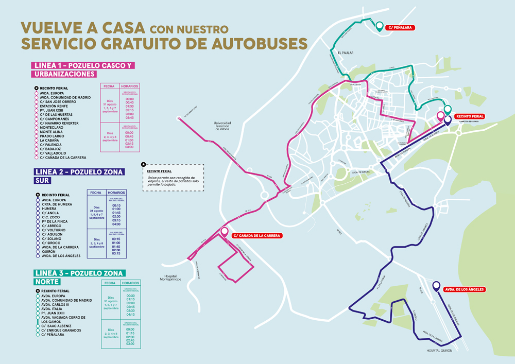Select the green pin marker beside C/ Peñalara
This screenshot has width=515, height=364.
(380, 26)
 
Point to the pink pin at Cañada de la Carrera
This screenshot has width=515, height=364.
(224, 232)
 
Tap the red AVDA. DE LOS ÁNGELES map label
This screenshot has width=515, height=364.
(464, 289)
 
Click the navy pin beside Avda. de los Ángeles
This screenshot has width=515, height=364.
(436, 286)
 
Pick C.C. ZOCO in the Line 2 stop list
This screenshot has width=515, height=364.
(51, 217)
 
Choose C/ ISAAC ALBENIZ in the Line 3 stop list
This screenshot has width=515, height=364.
(57, 326)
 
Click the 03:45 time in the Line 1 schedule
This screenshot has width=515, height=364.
(129, 117)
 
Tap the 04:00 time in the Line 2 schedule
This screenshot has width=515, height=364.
(116, 224)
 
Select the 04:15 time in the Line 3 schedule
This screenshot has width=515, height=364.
(130, 314)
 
